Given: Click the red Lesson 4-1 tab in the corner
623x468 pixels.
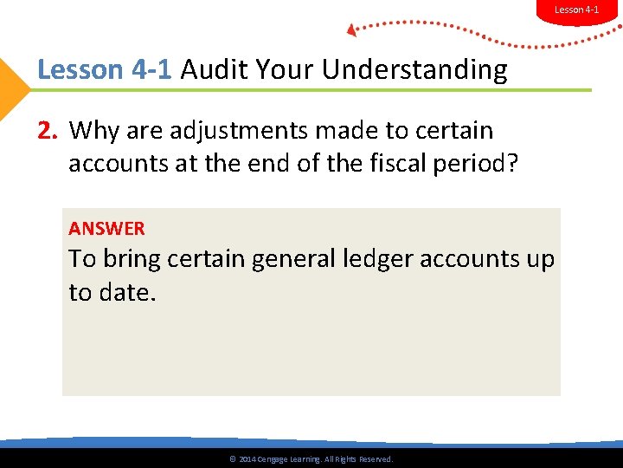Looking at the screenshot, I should pyautogui.click(x=576, y=10).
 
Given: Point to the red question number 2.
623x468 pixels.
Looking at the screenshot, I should pyautogui.click(x=48, y=131).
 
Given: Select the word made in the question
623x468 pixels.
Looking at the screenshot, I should pyautogui.click(x=349, y=131).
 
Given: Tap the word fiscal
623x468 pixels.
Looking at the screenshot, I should pyautogui.click(x=389, y=164).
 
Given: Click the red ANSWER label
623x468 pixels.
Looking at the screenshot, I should pyautogui.click(x=106, y=229).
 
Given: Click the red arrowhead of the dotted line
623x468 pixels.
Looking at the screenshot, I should pyautogui.click(x=352, y=30).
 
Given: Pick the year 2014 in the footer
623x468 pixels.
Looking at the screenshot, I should pyautogui.click(x=247, y=459).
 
